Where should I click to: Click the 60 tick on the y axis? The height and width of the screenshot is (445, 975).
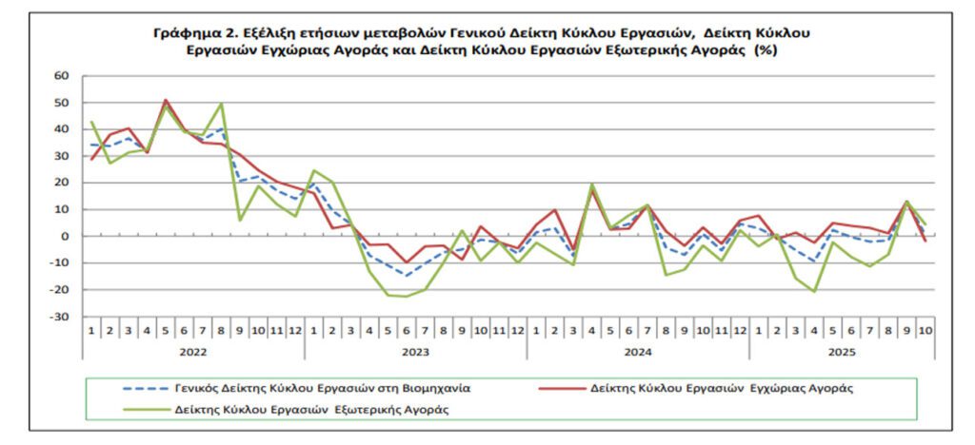63,75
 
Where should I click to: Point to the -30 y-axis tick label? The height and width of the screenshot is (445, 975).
61,316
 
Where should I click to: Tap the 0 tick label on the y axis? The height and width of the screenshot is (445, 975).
67,236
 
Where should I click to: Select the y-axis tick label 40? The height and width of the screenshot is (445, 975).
63,128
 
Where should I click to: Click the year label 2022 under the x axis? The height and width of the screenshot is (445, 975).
193,350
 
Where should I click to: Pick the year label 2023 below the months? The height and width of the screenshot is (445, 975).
416,350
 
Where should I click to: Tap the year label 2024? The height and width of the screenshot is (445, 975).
638,350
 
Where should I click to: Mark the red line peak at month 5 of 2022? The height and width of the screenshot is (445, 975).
166,100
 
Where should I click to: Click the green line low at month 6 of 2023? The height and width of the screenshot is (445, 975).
407,297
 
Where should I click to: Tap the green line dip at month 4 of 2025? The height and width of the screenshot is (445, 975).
814,291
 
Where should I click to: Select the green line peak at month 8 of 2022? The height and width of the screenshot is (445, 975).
221,104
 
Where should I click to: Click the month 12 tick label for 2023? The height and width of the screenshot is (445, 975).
517,330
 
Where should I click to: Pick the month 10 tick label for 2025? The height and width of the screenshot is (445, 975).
925,330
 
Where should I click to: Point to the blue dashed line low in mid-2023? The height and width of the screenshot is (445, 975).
407,276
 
